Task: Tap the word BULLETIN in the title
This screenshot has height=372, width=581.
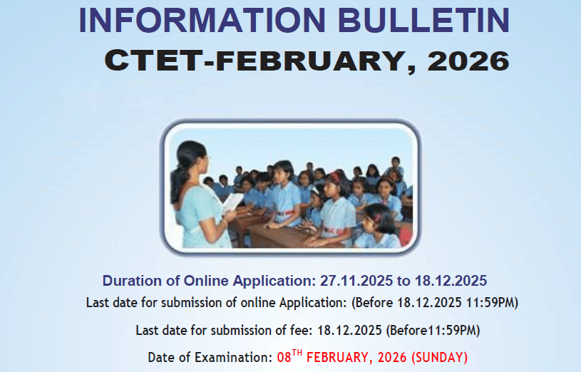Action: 424,20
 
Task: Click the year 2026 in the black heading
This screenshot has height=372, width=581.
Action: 469,61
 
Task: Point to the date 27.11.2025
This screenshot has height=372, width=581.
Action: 356,281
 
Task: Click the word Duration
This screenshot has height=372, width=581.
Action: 133,281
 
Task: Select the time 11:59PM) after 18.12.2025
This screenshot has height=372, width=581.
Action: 492,303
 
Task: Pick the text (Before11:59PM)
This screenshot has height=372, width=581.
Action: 433,330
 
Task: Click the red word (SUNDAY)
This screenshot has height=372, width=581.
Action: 439,358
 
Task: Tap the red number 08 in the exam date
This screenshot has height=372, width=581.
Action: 284,358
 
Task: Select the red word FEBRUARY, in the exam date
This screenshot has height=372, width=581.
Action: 339,358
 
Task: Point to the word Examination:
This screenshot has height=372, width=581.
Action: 234,358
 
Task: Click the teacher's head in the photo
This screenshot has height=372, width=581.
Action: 192,157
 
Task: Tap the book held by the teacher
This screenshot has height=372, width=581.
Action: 232,202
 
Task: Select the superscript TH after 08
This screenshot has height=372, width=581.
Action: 297,353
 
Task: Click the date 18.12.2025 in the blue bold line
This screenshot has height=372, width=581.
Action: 451,281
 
